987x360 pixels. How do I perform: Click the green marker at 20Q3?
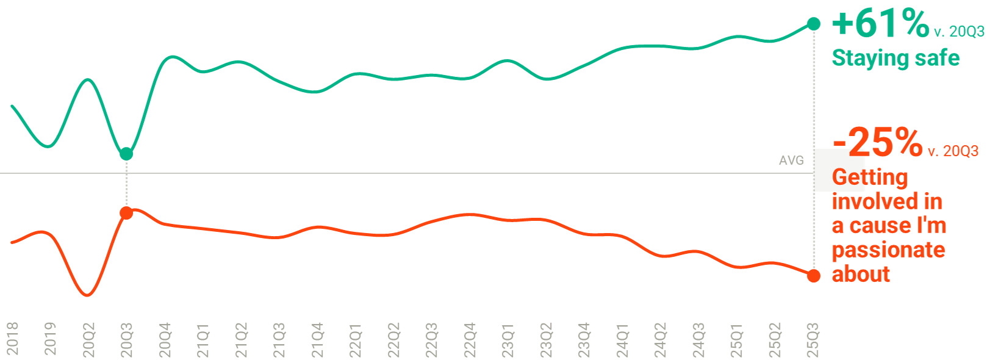[x=126, y=153]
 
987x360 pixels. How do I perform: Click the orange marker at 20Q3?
[x=126, y=213]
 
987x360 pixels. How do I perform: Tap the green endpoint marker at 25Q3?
[x=814, y=24]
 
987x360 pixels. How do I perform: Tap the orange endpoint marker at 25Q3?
[x=814, y=275]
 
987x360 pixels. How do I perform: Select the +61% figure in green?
[x=880, y=24]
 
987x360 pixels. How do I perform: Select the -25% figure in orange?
[x=878, y=142]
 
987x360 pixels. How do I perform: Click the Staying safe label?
[x=895, y=58]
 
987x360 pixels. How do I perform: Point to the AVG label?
[x=791, y=160]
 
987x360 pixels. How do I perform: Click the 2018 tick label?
[x=13, y=338]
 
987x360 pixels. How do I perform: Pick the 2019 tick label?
[x=51, y=338]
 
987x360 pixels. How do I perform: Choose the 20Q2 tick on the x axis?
[x=89, y=339]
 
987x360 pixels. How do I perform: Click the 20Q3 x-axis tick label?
[x=127, y=339]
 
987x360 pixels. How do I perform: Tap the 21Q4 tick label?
[x=318, y=339]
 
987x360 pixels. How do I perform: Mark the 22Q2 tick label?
[x=394, y=339]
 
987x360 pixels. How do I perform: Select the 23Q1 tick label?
[x=508, y=339]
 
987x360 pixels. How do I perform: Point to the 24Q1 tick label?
[x=623, y=339]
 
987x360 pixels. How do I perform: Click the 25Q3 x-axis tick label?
[x=814, y=339]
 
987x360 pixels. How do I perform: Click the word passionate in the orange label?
[x=888, y=250]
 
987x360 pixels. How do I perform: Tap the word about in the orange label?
[x=861, y=274]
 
